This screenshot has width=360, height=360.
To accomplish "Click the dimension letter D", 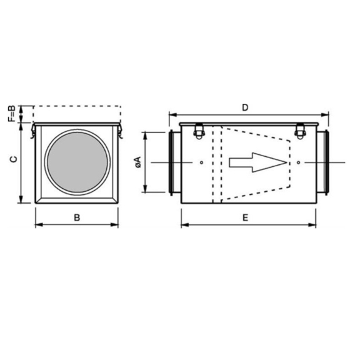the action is pos(245,107).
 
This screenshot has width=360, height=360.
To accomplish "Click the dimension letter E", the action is pos(246,217).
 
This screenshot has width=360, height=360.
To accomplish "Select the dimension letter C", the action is pos(14,159).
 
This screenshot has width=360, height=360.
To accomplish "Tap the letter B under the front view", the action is pos(77,217).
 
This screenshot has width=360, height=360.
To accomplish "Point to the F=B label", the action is pos(12,114).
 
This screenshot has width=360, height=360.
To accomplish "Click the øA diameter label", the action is pos(138,162).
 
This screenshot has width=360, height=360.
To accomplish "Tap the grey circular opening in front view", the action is pos(77,162).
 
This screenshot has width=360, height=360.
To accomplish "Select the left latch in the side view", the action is pos(198,131).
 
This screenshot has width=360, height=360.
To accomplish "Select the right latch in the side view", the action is pos(299,131).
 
